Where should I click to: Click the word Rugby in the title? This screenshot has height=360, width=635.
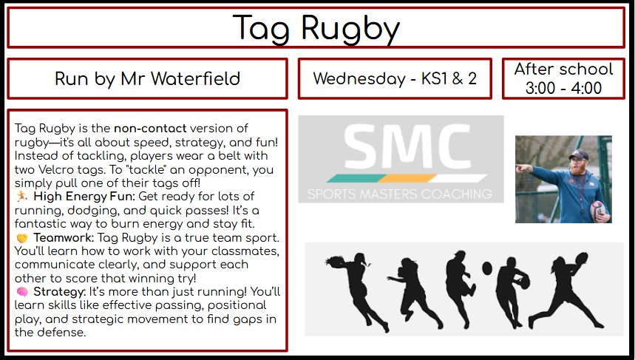[350, 28]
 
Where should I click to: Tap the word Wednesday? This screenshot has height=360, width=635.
[359, 78]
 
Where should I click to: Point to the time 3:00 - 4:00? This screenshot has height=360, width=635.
[563, 88]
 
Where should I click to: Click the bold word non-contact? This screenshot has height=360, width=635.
[150, 129]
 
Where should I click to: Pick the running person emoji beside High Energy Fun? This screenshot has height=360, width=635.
[22, 197]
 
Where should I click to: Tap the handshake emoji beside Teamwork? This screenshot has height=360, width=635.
[22, 238]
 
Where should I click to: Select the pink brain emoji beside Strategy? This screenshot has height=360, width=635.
[22, 291]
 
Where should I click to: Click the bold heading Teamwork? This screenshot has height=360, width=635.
[64, 238]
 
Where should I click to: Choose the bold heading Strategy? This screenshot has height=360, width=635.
[60, 292]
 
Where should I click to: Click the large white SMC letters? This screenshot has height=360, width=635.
[407, 146]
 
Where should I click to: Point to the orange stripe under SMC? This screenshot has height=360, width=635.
[407, 178]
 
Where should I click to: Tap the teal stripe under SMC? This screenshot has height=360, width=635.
[356, 178]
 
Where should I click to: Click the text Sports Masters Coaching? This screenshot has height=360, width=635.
[400, 194]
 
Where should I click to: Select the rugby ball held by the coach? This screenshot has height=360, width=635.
[597, 211]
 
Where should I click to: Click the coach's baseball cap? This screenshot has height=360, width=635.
[580, 154]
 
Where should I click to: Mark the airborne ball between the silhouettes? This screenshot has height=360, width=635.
[487, 268]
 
